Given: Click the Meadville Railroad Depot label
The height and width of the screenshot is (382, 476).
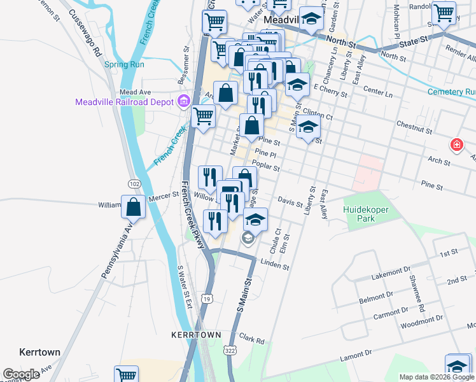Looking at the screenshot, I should (x=125, y=102).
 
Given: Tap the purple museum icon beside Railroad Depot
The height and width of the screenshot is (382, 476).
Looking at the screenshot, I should (x=184, y=101).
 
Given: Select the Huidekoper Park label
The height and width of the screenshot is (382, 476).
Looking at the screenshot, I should (x=368, y=214).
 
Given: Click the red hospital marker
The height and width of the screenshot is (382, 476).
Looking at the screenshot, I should (x=456, y=146).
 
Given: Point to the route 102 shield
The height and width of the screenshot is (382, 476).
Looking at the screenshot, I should (x=134, y=183).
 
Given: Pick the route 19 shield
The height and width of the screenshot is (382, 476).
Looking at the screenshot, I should (x=208, y=298).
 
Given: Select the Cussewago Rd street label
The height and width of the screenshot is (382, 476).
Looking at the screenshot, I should (x=85, y=33).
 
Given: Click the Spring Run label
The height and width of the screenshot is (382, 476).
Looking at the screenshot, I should (x=124, y=64).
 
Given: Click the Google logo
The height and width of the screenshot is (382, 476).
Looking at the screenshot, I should (x=22, y=374).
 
